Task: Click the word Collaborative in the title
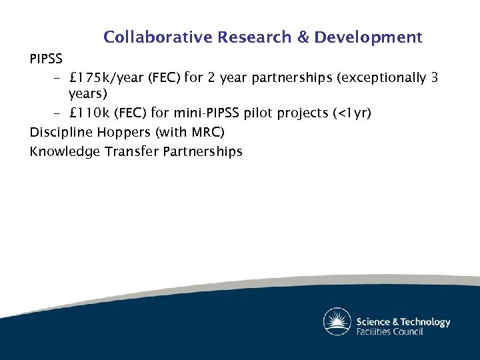pyautogui.click(x=157, y=37)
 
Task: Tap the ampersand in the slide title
pyautogui.click(x=303, y=37)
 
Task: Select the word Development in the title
pyautogui.click(x=368, y=37)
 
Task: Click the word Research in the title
pyautogui.click(x=255, y=37)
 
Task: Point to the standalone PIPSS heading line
pyautogui.click(x=46, y=59)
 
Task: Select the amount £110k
pyautogui.click(x=87, y=113)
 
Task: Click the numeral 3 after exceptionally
pyautogui.click(x=434, y=78)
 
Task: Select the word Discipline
pyautogui.click(x=59, y=132)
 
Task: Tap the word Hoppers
pyautogui.click(x=121, y=132)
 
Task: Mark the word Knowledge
pyautogui.click(x=64, y=151)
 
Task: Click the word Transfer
pyautogui.click(x=131, y=151)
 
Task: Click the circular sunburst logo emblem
pyautogui.click(x=337, y=322)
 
